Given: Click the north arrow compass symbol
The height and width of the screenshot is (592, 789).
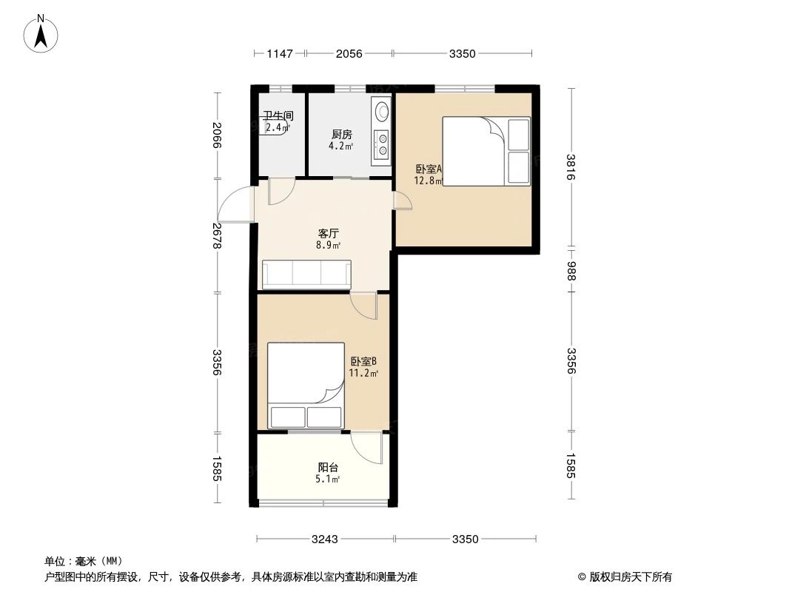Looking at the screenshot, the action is coord(41,33).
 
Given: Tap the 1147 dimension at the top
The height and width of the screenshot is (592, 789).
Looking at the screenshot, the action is coord(279,53).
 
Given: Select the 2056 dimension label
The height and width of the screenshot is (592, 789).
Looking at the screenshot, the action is coord(349,53).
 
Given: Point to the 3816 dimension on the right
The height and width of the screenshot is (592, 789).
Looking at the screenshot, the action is coord(571,167).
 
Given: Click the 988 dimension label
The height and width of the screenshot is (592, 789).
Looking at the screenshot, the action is coord(571,271).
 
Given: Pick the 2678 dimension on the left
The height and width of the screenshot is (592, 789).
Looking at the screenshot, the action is coord(217,235).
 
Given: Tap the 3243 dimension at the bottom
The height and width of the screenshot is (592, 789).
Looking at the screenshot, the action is coord(325,539).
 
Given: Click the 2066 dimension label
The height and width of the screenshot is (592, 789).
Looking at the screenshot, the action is coord(217,135).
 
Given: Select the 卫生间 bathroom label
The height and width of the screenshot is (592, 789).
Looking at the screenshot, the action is coord(278,115).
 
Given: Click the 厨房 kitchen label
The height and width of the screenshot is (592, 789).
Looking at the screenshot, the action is coord(342,134).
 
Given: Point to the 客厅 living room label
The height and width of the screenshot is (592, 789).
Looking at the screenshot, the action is coord(329,233).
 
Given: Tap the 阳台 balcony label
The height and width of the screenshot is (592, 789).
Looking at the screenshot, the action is coord(328,467).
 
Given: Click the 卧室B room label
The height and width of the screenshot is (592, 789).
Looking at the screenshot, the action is coord(363,361).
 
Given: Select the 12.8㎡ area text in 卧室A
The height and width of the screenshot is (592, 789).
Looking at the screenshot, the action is coord(429,181).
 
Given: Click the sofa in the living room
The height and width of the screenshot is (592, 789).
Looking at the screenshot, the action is coord(306,275).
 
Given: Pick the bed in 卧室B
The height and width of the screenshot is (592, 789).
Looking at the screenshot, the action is coord(306,386).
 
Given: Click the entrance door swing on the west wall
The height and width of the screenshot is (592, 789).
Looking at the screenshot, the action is coord(235,204).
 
